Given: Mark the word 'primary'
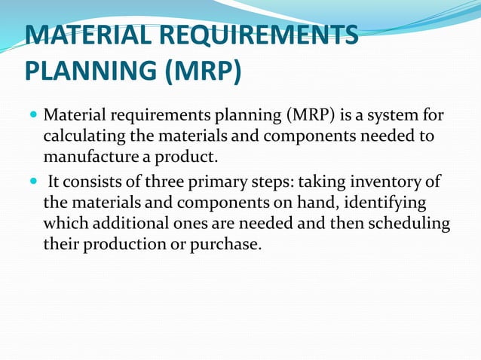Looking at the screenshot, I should tap(223, 183).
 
